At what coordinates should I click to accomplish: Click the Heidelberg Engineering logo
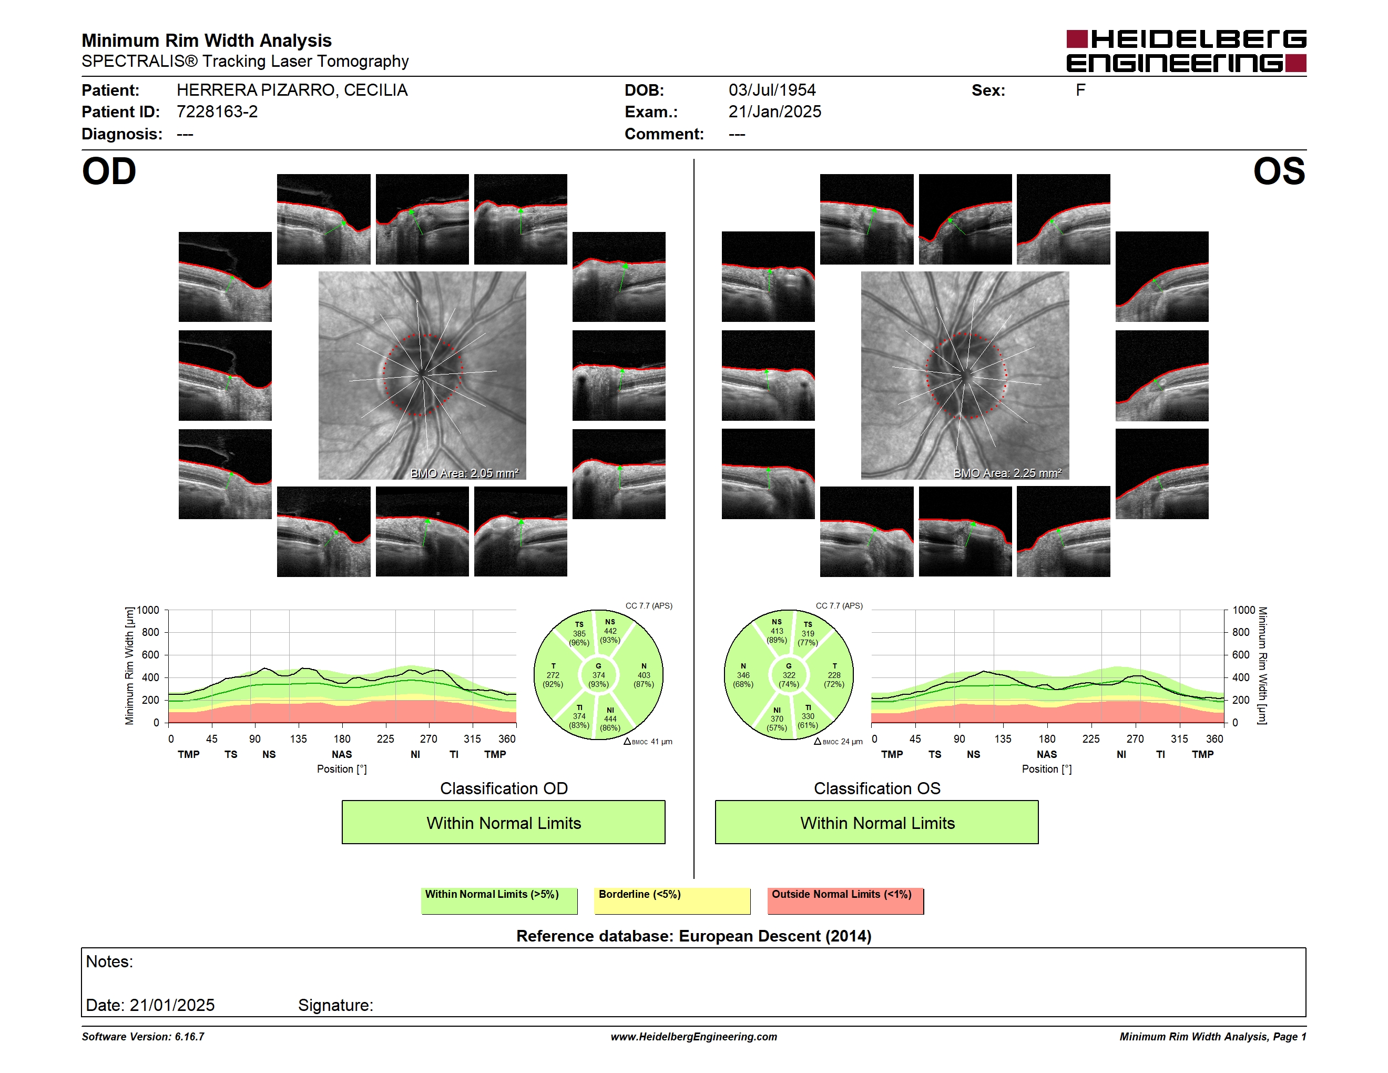(x=1186, y=51)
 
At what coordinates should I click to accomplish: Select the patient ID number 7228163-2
(x=217, y=112)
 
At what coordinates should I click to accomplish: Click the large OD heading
(x=109, y=171)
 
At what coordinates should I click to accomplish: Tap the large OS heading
(x=1279, y=171)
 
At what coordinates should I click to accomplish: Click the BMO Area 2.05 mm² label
(x=465, y=473)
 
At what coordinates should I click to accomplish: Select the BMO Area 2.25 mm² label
(x=1007, y=473)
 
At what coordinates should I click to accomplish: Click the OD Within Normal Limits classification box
(x=503, y=822)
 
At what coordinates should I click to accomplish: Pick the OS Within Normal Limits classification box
(x=877, y=822)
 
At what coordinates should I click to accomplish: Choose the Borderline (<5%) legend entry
(x=672, y=900)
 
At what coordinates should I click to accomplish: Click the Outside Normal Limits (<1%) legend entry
(x=845, y=900)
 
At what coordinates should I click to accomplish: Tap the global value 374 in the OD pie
(x=598, y=675)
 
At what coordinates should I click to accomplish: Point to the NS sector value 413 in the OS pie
(x=777, y=631)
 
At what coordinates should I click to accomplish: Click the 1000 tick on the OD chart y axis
(x=148, y=610)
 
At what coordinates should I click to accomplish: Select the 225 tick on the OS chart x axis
(x=1090, y=738)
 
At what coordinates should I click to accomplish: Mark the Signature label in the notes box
(x=335, y=1005)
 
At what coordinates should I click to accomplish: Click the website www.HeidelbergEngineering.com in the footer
(x=694, y=1037)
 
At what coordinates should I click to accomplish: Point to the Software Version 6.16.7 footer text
(x=143, y=1037)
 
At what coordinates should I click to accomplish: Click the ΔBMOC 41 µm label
(x=648, y=741)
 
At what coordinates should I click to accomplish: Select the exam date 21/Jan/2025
(x=775, y=112)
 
